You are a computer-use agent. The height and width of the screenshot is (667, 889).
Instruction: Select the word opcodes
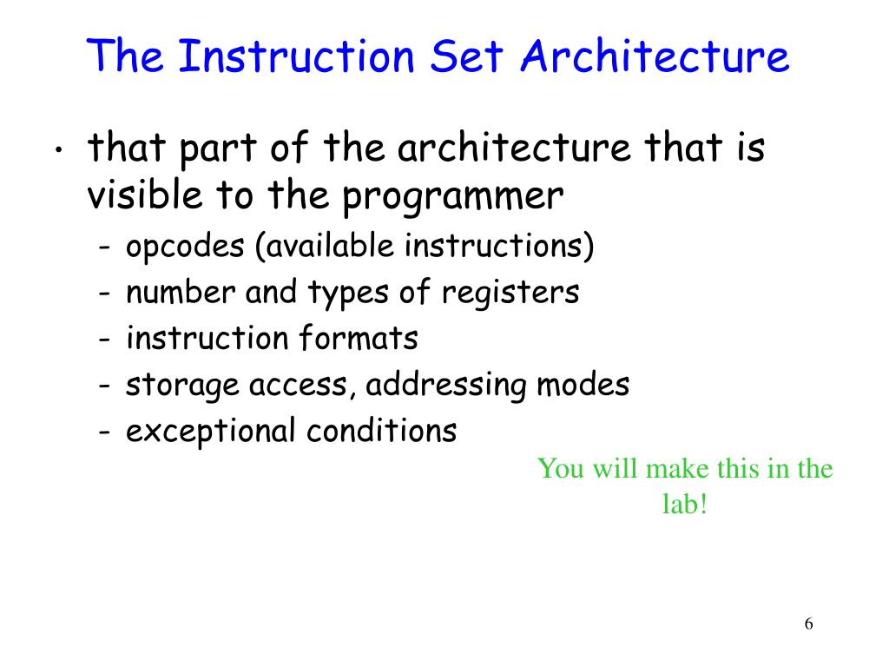click(x=185, y=248)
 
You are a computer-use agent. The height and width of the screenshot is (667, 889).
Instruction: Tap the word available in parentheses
click(x=329, y=247)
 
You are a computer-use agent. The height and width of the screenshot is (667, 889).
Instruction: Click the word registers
click(x=510, y=293)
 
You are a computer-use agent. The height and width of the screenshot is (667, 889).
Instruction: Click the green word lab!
click(x=685, y=505)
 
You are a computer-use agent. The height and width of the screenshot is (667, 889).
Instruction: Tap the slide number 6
click(x=809, y=624)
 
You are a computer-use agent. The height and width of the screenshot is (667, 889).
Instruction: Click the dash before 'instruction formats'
click(x=104, y=340)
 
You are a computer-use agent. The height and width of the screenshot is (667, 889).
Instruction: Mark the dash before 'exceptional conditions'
click(x=104, y=432)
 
